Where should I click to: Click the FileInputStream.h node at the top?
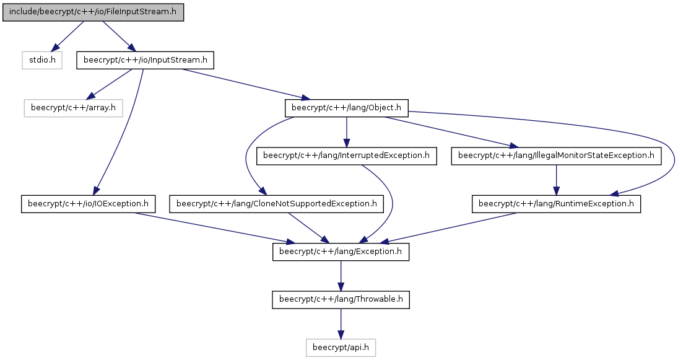tap(93, 12)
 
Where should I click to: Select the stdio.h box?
tap(42, 60)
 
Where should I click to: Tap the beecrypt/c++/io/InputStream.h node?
tap(146, 60)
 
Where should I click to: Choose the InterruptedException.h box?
tap(346, 156)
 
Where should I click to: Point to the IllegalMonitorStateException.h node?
tap(556, 156)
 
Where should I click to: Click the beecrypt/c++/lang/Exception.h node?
tap(341, 252)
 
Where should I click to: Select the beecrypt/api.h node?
tap(341, 348)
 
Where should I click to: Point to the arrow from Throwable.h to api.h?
tap(341, 324)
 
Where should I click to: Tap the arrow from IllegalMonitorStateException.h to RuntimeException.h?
tap(556, 180)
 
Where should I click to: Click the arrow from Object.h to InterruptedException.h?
tap(346, 132)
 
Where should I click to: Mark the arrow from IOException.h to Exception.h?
tap(212, 227)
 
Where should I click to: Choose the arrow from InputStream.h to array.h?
tap(110, 84)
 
